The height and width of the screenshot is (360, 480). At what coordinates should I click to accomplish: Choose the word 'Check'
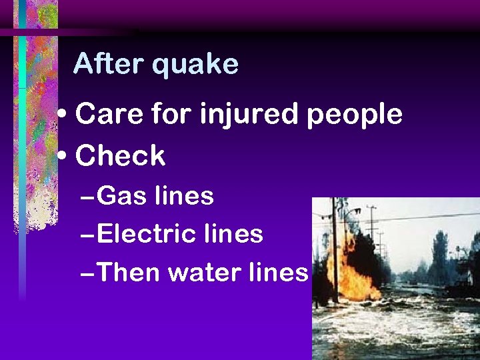click(x=121, y=156)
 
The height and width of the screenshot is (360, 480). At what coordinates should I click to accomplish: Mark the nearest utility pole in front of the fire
click(x=335, y=253)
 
